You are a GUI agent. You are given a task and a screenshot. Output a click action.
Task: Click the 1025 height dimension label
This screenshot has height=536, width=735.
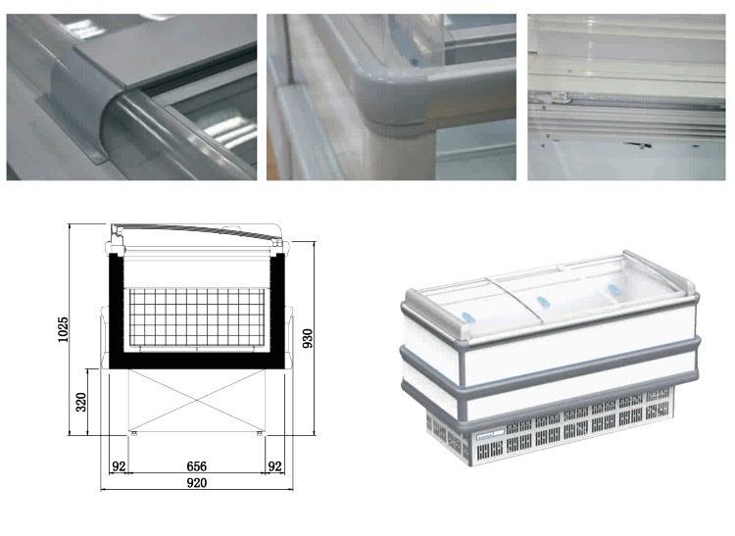(64, 329)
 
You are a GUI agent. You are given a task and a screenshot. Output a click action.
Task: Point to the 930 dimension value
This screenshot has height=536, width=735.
(308, 338)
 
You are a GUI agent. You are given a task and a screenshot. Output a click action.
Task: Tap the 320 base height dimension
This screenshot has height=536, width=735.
(81, 402)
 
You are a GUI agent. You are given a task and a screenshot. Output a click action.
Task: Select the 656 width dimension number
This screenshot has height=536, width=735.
(196, 466)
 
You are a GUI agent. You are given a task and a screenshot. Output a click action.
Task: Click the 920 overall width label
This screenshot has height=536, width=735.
(196, 482)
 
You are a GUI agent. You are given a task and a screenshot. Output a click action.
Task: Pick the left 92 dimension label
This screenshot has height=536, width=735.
(119, 466)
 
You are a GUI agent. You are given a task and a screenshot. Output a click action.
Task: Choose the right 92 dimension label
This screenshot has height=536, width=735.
(274, 466)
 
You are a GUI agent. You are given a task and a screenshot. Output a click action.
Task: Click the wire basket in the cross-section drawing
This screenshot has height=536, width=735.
(197, 317)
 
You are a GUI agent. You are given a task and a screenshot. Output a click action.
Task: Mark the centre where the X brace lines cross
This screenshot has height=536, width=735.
(197, 400)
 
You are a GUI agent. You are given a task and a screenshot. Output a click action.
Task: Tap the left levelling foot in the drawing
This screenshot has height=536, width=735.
(134, 434)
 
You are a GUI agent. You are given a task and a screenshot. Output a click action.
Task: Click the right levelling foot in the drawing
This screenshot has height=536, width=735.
(260, 434)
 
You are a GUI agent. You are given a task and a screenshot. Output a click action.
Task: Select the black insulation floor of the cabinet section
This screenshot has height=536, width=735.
(197, 361)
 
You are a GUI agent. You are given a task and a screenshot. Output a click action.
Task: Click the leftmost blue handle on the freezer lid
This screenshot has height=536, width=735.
(468, 317)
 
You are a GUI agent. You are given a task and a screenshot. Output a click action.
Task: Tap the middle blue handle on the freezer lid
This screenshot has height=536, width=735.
(543, 302)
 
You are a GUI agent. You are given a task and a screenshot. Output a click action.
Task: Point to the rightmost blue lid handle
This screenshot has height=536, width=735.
(614, 289)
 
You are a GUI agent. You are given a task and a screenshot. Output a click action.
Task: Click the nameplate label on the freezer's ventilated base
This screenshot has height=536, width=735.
(490, 436)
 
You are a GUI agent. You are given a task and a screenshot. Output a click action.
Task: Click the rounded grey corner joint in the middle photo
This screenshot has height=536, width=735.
(393, 101)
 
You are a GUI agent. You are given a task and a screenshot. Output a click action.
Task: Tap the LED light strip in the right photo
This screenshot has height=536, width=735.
(647, 98)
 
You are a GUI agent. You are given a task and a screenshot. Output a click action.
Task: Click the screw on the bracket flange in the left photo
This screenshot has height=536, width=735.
(98, 161)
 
